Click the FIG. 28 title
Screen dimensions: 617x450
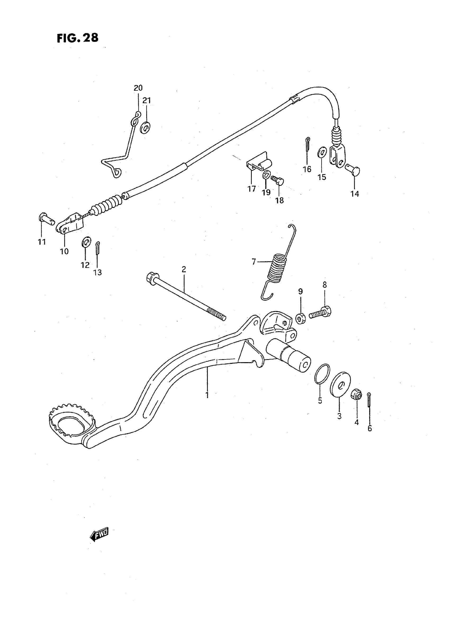point(78,38)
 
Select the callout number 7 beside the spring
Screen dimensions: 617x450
point(254,262)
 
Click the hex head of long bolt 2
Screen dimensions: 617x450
point(151,278)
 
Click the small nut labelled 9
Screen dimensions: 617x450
point(301,318)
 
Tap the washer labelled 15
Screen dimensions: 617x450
point(322,152)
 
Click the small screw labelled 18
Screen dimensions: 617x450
point(277,180)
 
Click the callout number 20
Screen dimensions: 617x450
point(138,88)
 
